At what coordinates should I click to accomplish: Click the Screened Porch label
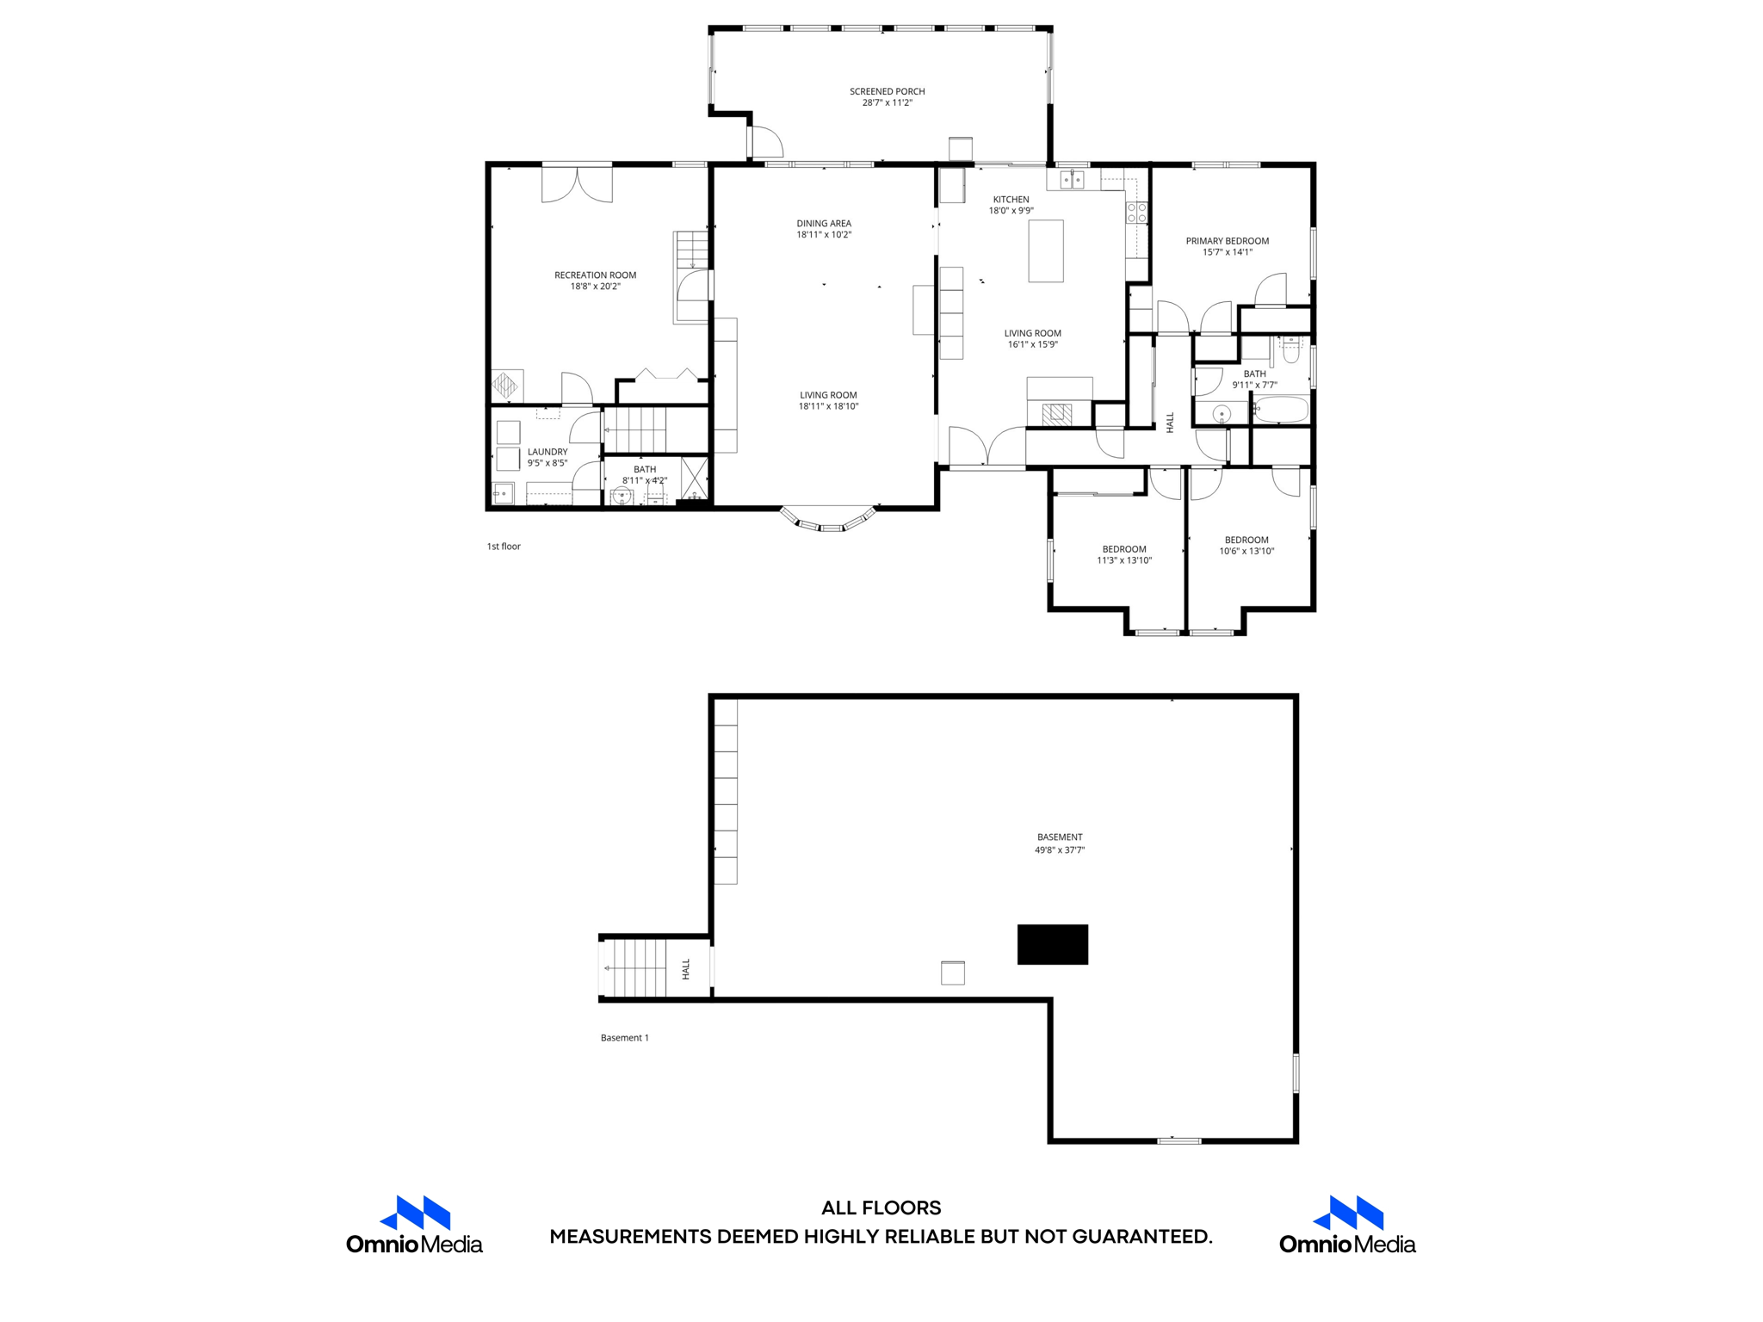click(887, 91)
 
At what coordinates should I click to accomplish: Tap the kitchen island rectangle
click(1046, 250)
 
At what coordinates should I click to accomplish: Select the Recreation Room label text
click(595, 275)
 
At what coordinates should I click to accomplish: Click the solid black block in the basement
click(1052, 944)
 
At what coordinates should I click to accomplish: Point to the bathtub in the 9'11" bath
click(1280, 411)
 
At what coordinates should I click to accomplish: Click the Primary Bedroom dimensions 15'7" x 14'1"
click(1227, 252)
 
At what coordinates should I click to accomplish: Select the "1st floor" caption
click(504, 546)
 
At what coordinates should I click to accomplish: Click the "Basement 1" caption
click(624, 1037)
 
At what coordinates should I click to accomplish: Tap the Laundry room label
click(547, 452)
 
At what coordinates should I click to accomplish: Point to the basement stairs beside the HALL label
click(635, 967)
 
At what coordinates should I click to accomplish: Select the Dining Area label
click(824, 224)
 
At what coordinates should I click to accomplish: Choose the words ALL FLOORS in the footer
click(881, 1208)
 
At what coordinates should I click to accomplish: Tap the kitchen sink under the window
click(1072, 179)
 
